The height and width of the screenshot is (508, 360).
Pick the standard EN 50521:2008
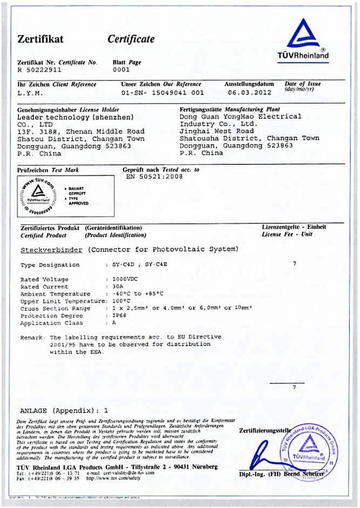(154, 176)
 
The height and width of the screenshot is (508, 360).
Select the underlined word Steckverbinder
(51, 250)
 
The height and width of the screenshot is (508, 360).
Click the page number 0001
(121, 70)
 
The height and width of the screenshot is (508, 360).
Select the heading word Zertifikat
(40, 39)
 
